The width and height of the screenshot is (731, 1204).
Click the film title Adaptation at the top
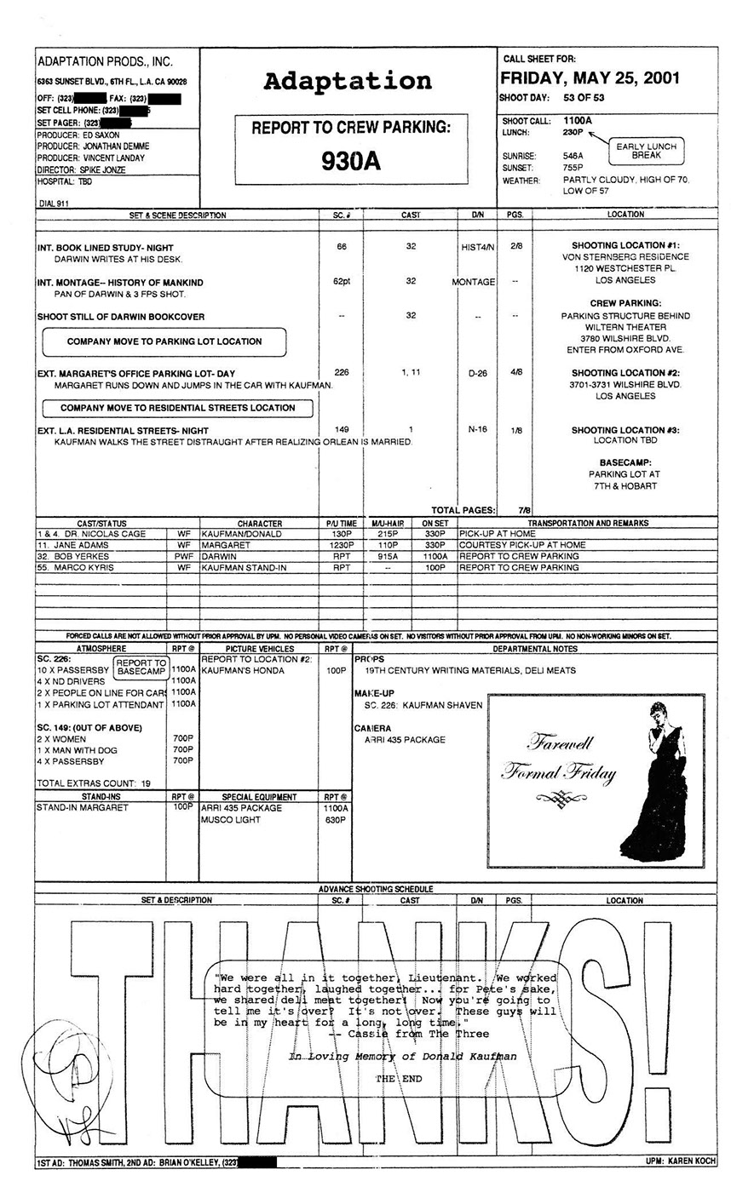point(348,82)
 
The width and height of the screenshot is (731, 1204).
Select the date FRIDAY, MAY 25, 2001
point(590,78)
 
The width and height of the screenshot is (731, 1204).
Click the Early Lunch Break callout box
point(647,152)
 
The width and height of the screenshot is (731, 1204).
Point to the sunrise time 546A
point(573,157)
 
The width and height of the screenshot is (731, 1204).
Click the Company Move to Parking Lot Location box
point(164,341)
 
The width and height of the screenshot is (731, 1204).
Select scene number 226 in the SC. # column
point(342,373)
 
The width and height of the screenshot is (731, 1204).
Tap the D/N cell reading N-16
point(477,429)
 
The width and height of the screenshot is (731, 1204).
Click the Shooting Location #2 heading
point(625,373)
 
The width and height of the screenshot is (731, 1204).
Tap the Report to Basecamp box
point(141,668)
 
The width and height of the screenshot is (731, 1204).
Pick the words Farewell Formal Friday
point(557,759)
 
